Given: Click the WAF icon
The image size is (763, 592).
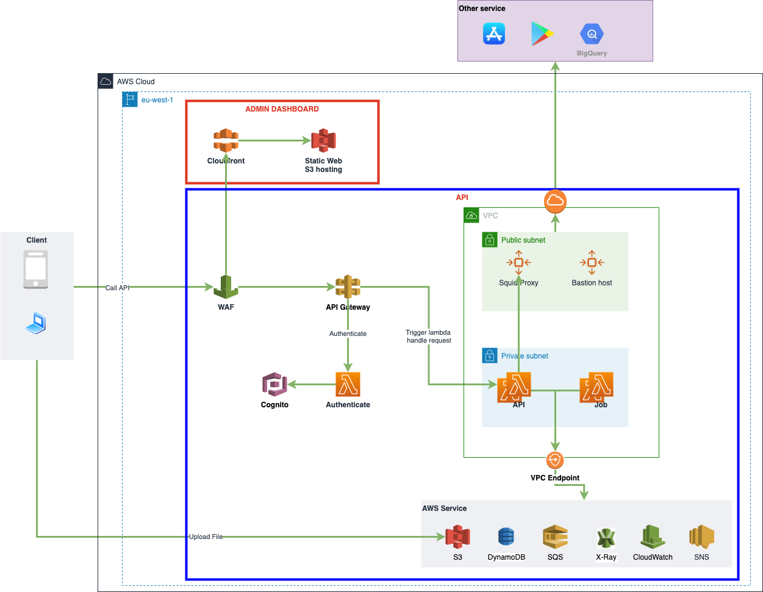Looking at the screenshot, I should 226,287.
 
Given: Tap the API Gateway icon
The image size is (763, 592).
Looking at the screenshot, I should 348,287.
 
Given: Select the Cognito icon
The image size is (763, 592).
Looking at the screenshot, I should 274,385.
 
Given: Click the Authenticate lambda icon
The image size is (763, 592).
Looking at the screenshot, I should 348,385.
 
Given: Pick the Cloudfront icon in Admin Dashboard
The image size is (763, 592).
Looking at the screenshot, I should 226,141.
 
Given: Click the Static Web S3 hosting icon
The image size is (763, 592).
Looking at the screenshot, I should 323,141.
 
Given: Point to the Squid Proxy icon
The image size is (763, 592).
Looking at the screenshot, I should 518,263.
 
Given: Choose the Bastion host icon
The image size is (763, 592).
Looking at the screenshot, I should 592,263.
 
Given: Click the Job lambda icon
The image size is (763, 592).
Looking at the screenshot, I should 596,387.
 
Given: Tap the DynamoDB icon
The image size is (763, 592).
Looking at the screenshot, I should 506,537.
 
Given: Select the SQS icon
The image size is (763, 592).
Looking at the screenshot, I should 555,537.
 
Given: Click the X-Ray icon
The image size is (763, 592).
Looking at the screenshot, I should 606,538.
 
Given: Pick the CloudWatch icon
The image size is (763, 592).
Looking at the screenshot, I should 653,537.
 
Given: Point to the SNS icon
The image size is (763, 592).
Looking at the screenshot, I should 701,537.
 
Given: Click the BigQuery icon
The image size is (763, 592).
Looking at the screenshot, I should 592,35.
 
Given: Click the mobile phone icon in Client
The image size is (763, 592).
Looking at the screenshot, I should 36,269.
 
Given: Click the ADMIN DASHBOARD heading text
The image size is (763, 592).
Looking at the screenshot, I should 282,109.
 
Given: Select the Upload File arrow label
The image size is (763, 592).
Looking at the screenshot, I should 206,537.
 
